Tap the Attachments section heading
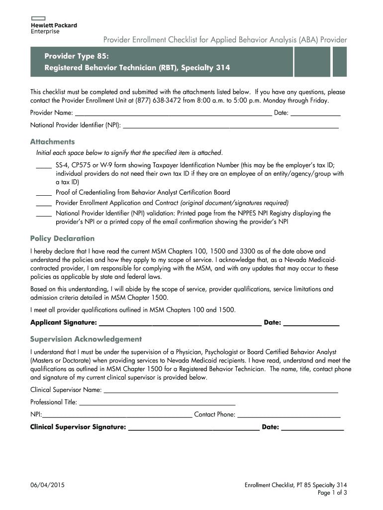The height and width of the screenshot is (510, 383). (x=52, y=141)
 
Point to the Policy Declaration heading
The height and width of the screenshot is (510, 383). (x=62, y=239)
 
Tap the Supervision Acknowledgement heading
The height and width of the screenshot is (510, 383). (x=86, y=339)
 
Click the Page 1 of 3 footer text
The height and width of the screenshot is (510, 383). (x=332, y=493)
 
